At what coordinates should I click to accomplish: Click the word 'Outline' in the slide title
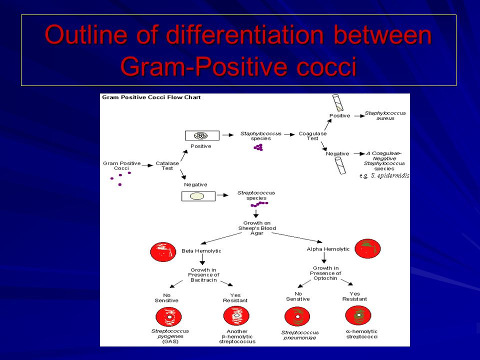click(85, 34)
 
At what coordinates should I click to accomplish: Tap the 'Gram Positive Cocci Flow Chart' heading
click(151, 97)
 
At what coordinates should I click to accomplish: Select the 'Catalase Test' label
click(167, 165)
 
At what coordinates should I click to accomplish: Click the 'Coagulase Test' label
click(312, 136)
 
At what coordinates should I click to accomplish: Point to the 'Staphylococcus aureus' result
click(385, 115)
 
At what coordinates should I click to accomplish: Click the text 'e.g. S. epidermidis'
click(384, 175)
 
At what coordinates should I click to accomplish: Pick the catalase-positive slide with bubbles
click(202, 135)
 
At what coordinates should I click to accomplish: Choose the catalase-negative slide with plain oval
click(198, 196)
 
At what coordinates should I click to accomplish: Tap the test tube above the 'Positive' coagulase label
click(338, 102)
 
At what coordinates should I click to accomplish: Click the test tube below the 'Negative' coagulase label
click(340, 165)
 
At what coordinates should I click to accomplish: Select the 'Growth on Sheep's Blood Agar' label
click(257, 228)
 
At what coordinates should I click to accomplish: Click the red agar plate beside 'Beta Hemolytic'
click(163, 252)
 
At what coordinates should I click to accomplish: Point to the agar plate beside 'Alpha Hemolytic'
click(367, 248)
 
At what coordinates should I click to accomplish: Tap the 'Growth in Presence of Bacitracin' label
click(203, 275)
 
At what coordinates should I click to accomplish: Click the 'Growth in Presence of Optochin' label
click(325, 273)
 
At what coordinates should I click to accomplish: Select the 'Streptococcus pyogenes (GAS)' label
click(170, 336)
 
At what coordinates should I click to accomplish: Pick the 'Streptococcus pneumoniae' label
click(300, 335)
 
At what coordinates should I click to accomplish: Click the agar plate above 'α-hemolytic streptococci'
click(358, 315)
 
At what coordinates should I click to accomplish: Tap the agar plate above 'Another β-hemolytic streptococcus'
click(236, 316)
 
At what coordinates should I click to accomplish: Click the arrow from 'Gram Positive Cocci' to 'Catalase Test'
click(147, 165)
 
